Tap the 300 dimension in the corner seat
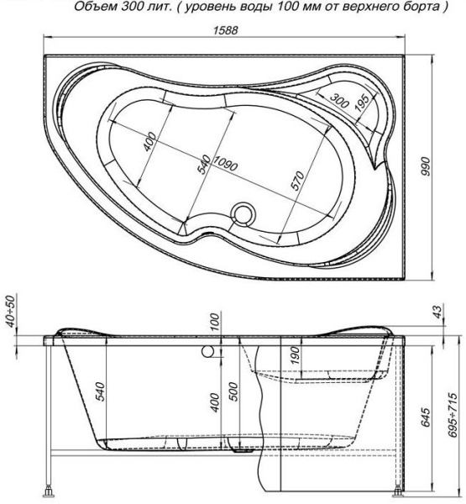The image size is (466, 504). (x=340, y=100)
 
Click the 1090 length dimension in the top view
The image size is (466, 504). (x=226, y=164)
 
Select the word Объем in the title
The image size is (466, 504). (x=95, y=8)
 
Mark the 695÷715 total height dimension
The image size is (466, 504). (x=453, y=416)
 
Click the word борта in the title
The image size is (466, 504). (x=412, y=8)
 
